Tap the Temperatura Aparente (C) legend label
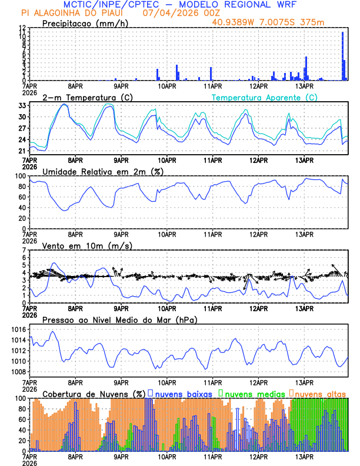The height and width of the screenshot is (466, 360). pos(264,97)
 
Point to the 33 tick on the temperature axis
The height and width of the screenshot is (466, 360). pos(22,106)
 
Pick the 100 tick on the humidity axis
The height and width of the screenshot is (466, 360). pos(21,176)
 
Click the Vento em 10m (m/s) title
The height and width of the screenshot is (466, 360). pos(87,245)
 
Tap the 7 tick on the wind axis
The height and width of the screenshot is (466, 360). pos(24,251)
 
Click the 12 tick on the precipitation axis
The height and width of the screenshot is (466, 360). pos(22,28)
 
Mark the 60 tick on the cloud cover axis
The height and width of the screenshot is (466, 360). pos(22,420)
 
